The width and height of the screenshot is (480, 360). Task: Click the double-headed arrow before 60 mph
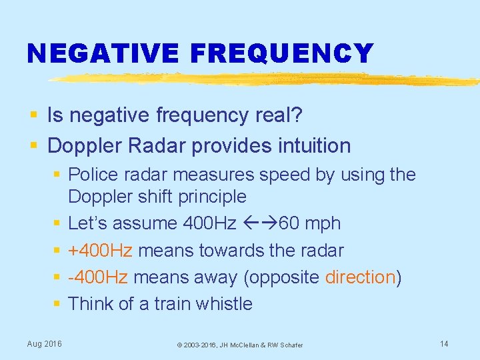click(259, 223)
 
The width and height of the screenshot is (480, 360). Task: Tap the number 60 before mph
click(289, 223)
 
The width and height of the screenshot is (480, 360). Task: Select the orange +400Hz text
click(100, 251)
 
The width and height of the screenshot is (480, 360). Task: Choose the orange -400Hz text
click(98, 277)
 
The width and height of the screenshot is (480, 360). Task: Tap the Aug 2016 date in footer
click(44, 343)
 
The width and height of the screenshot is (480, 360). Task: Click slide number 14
click(444, 343)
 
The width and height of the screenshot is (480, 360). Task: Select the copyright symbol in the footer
click(179, 345)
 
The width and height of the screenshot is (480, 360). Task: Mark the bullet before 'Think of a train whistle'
click(57, 304)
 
